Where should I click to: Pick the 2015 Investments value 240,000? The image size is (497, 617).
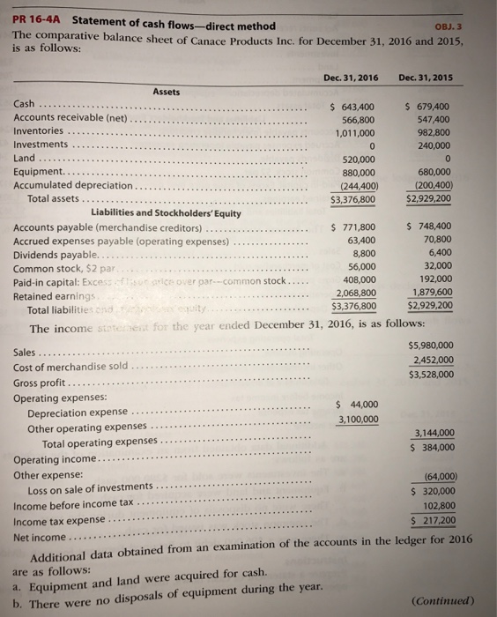pyautogui.click(x=433, y=145)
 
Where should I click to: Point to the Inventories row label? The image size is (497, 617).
pyautogui.click(x=41, y=131)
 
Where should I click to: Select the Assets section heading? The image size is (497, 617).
pyautogui.click(x=167, y=91)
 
